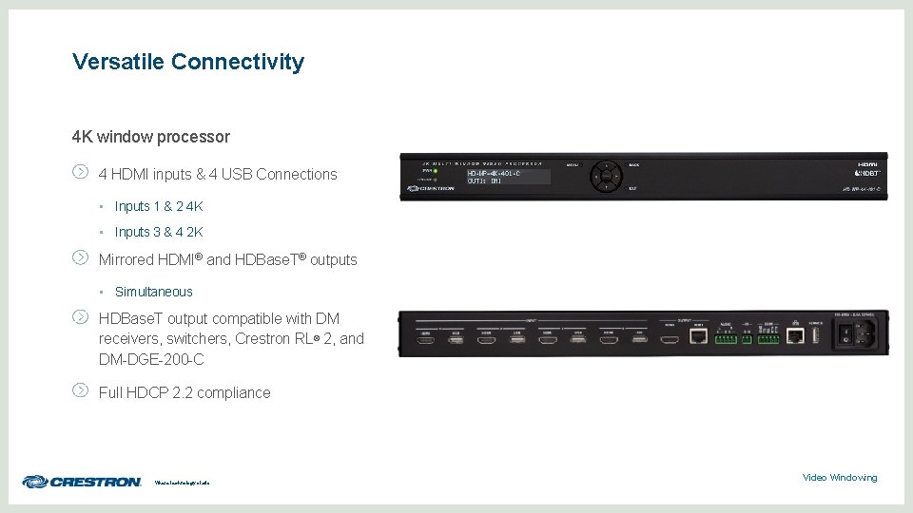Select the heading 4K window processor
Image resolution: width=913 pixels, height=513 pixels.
pyautogui.click(x=150, y=137)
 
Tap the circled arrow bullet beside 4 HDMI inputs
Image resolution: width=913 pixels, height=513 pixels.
pyautogui.click(x=81, y=172)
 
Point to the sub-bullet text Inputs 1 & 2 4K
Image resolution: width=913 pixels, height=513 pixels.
pyautogui.click(x=159, y=206)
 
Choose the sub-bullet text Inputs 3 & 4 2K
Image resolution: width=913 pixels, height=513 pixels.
pyautogui.click(x=159, y=232)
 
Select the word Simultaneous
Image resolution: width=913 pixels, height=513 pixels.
pyautogui.click(x=153, y=292)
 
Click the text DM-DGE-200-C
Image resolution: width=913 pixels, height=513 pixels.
pyautogui.click(x=151, y=360)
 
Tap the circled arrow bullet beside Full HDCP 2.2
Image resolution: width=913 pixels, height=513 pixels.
pyautogui.click(x=81, y=389)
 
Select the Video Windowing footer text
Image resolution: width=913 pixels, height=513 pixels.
pyautogui.click(x=839, y=478)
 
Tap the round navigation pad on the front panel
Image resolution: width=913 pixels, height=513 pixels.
pyautogui.click(x=606, y=176)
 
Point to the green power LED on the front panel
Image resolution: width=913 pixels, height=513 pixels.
pyautogui.click(x=435, y=171)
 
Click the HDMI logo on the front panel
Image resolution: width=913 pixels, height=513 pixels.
pyautogui.click(x=869, y=164)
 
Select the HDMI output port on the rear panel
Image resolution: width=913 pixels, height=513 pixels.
pyautogui.click(x=670, y=337)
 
